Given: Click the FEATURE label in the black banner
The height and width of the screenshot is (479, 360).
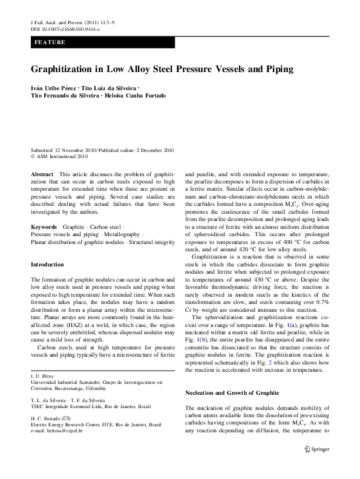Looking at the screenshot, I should tap(50, 42).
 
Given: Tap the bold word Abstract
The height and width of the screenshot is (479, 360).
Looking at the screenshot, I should tap(41, 174).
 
